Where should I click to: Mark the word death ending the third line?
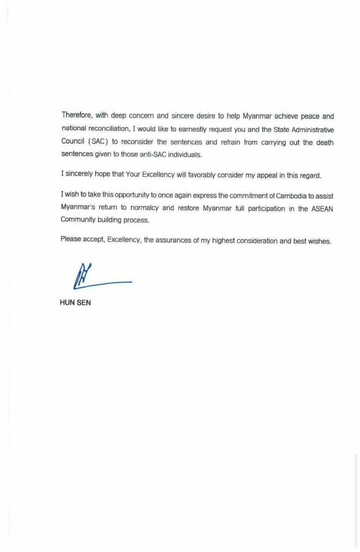click(324, 142)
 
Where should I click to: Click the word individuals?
click(185, 154)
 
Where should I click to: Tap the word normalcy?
click(143, 209)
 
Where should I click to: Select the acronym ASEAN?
click(322, 209)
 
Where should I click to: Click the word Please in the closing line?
click(71, 241)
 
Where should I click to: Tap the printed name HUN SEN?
click(75, 302)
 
